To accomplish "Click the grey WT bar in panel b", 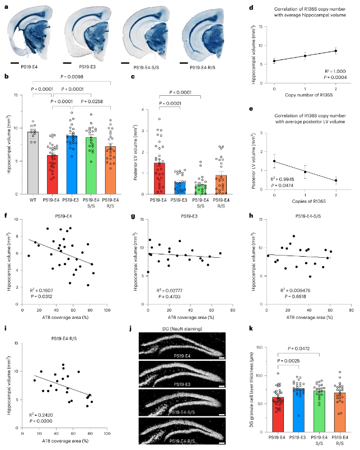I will (32, 163).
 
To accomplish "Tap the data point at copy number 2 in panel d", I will (335, 51).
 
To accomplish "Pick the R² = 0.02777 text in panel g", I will (166, 290).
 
